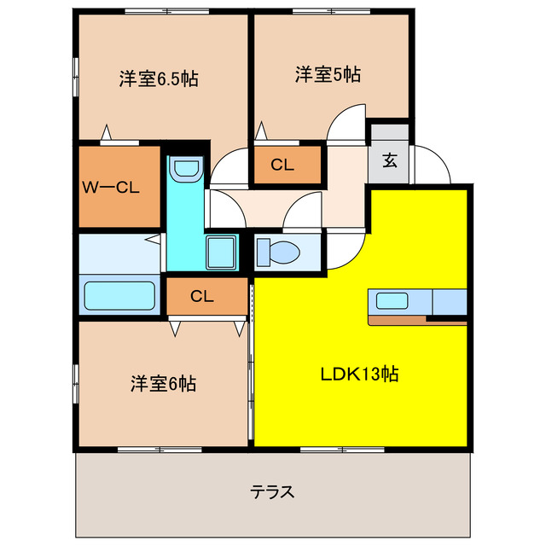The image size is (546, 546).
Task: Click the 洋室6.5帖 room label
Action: (x=159, y=79)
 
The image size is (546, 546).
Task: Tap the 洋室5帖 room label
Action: (x=328, y=74)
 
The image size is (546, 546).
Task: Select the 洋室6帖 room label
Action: (x=163, y=384)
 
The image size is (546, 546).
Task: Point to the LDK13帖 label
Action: (x=361, y=374)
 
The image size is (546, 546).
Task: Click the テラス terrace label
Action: (x=273, y=492)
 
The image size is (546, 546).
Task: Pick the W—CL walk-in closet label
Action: (x=111, y=187)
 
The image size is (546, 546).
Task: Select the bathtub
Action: (x=119, y=295)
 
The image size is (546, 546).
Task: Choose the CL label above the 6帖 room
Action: (x=201, y=297)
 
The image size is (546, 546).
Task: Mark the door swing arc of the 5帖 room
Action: (x=347, y=124)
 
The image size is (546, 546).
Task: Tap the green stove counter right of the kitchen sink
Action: (x=450, y=302)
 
